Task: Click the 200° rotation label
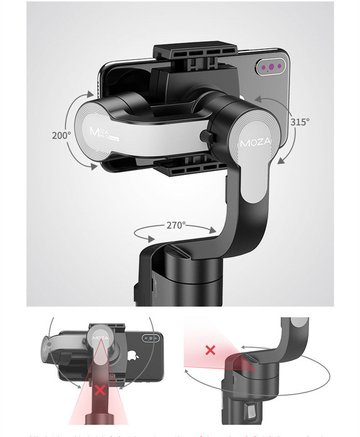[x=61, y=135]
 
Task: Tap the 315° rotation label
[x=300, y=122]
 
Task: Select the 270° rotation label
[x=176, y=225]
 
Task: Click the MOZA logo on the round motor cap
[x=255, y=142]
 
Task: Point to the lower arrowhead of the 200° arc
[x=93, y=167]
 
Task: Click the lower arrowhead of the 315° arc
[x=280, y=161]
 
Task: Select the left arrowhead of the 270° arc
[x=149, y=238]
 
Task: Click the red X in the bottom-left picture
[x=100, y=390]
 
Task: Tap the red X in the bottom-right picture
[x=210, y=350]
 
